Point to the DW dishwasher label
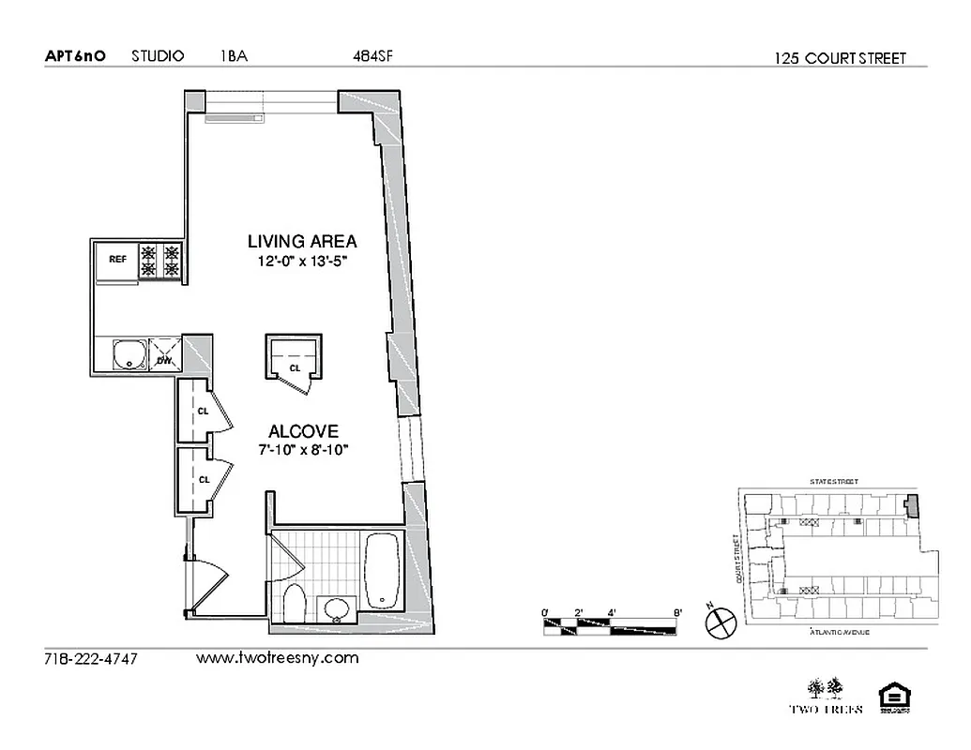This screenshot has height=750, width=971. click(164, 359)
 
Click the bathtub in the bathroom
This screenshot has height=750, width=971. click(382, 572)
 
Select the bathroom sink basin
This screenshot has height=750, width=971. click(335, 608)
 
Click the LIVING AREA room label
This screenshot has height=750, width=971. click(301, 241)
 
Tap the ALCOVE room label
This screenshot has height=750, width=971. click(303, 431)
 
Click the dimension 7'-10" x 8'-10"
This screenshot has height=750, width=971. click(303, 451)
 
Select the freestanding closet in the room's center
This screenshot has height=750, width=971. click(294, 357)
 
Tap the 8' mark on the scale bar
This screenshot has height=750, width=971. click(677, 613)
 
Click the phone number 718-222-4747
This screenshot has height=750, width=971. click(91, 659)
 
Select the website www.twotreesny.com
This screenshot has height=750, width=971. click(278, 658)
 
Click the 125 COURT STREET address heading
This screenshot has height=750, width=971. click(841, 58)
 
